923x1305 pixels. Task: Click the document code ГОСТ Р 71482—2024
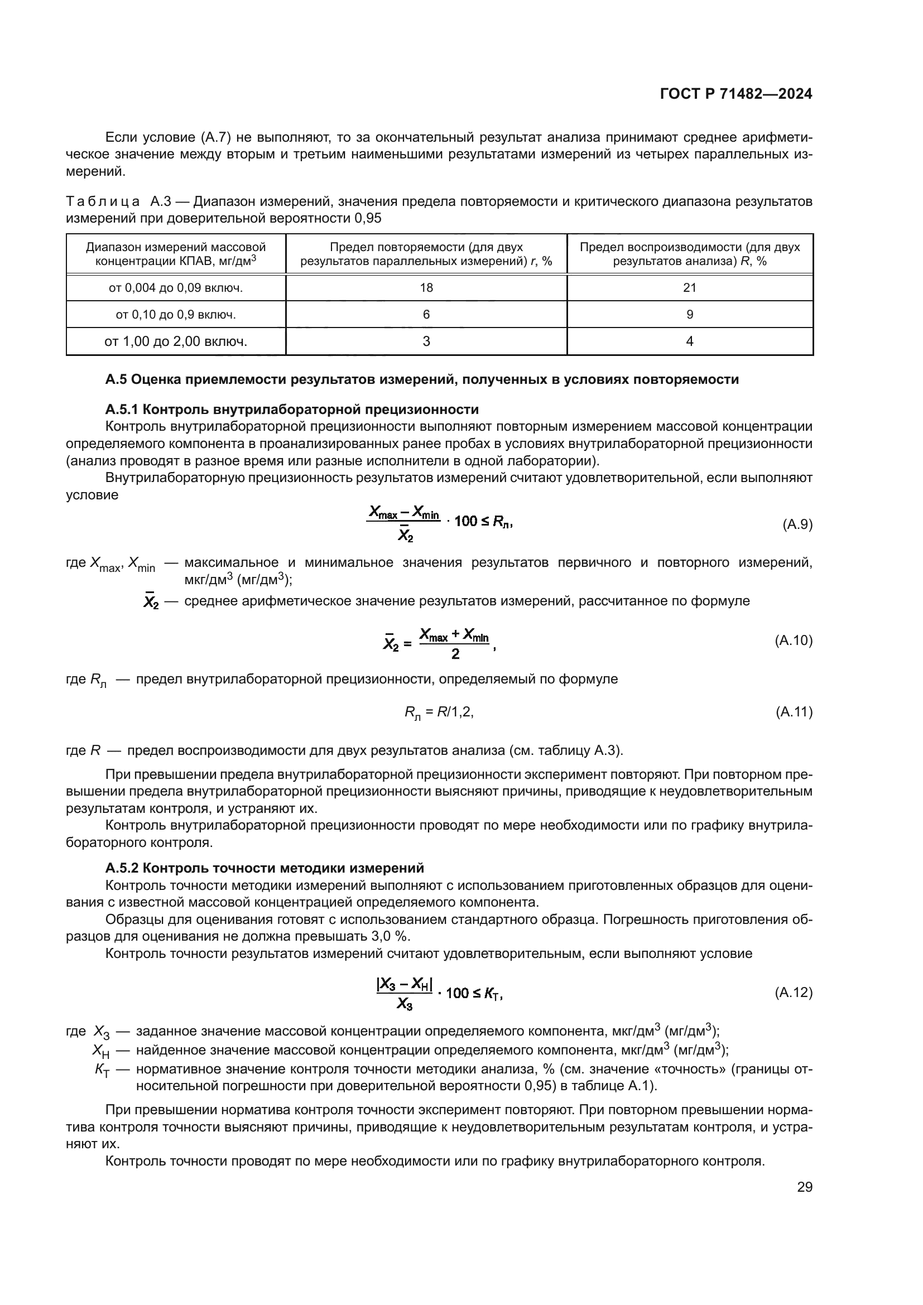[x=735, y=94]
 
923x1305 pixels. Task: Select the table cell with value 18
[x=426, y=287]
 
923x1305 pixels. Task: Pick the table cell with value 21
[x=689, y=287]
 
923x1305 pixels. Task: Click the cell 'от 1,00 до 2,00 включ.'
[x=176, y=341]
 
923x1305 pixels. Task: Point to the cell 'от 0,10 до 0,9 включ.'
[x=176, y=314]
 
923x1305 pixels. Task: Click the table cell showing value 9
[x=689, y=314]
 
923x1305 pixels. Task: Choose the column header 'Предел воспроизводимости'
[x=689, y=254]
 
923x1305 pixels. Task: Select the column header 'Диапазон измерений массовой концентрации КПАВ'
[x=176, y=254]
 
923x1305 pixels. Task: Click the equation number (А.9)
[x=797, y=524]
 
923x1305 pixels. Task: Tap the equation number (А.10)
[x=794, y=641]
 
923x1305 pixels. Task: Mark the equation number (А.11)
[x=794, y=712]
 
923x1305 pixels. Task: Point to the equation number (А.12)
[x=794, y=993]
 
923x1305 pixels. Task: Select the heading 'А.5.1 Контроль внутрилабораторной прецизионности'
[x=291, y=409]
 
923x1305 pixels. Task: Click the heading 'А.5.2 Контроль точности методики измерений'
[x=265, y=868]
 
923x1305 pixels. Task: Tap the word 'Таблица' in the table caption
[x=103, y=201]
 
